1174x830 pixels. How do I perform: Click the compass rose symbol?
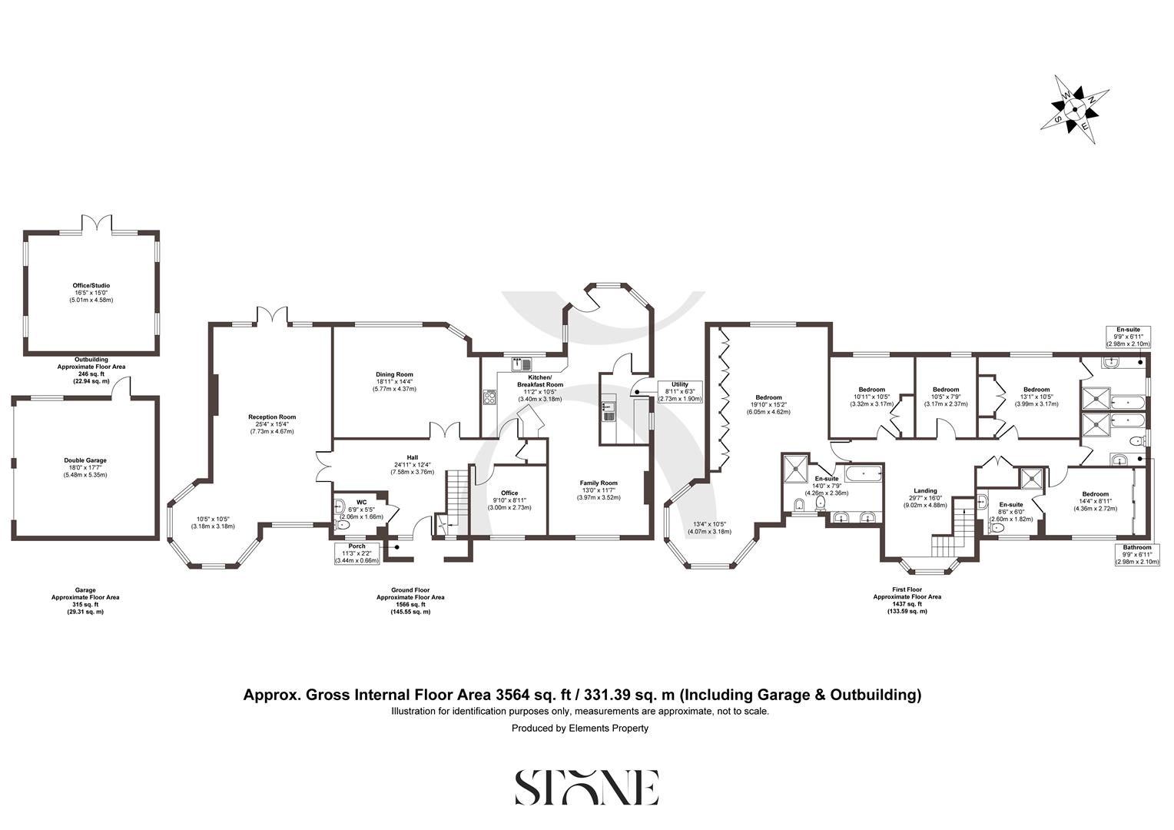point(1074,110)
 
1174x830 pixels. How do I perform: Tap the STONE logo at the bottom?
point(586,787)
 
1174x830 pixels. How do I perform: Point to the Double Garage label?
point(85,464)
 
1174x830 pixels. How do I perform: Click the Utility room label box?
point(679,391)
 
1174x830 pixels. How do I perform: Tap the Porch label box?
point(357,553)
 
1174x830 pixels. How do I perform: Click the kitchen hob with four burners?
point(489,397)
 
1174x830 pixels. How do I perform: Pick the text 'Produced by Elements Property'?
point(580,728)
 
